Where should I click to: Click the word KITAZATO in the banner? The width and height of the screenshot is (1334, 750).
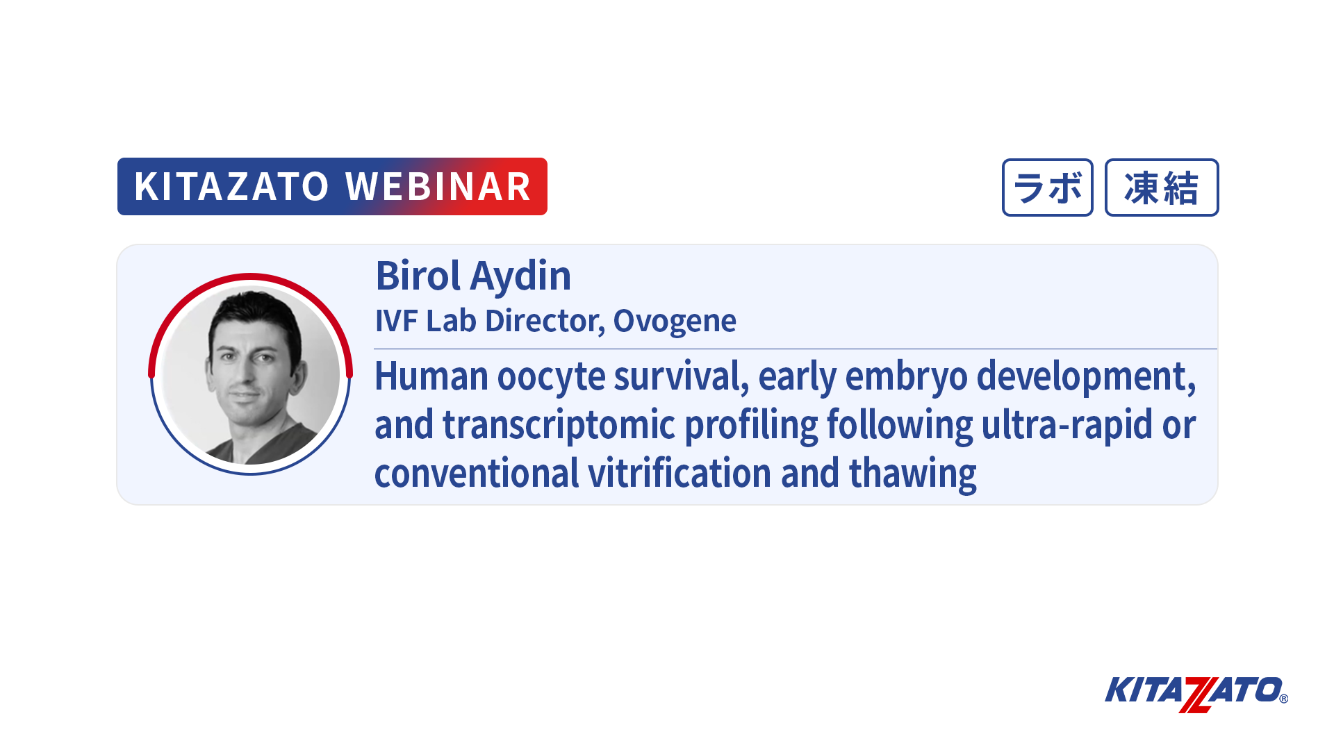tap(231, 187)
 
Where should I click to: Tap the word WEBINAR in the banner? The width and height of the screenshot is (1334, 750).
tap(438, 187)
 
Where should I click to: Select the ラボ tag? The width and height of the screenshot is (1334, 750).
tap(1047, 187)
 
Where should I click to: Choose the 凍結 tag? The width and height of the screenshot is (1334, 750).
tap(1162, 187)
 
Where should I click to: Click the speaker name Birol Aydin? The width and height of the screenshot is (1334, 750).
tap(473, 276)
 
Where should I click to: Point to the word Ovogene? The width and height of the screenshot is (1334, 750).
tap(675, 322)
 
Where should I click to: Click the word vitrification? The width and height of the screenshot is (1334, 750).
tap(680, 474)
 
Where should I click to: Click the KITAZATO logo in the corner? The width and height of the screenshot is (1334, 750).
tap(1196, 694)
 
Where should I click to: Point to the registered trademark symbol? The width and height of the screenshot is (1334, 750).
tap(1283, 699)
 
